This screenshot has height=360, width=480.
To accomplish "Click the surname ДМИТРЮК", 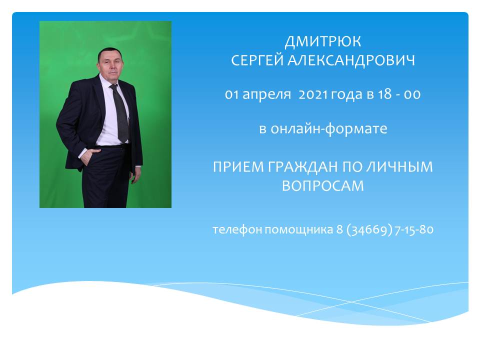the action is (323, 42).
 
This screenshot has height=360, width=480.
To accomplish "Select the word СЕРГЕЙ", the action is (257, 60).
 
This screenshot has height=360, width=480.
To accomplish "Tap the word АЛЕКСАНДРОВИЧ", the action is (351, 60).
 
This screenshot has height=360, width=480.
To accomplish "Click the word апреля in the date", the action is (266, 95).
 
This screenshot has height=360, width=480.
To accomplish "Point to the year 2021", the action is (313, 94).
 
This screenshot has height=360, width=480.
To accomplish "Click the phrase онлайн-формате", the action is (329, 128).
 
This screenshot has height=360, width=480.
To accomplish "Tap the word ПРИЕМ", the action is (238, 167).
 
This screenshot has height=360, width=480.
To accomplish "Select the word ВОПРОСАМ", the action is (323, 186).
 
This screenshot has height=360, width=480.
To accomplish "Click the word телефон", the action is (237, 229).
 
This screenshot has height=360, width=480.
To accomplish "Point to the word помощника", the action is (299, 230).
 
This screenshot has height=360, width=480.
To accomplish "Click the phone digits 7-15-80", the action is (414, 229).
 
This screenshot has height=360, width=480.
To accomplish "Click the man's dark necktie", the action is (120, 113).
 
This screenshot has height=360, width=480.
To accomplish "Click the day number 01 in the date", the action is (231, 94).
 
